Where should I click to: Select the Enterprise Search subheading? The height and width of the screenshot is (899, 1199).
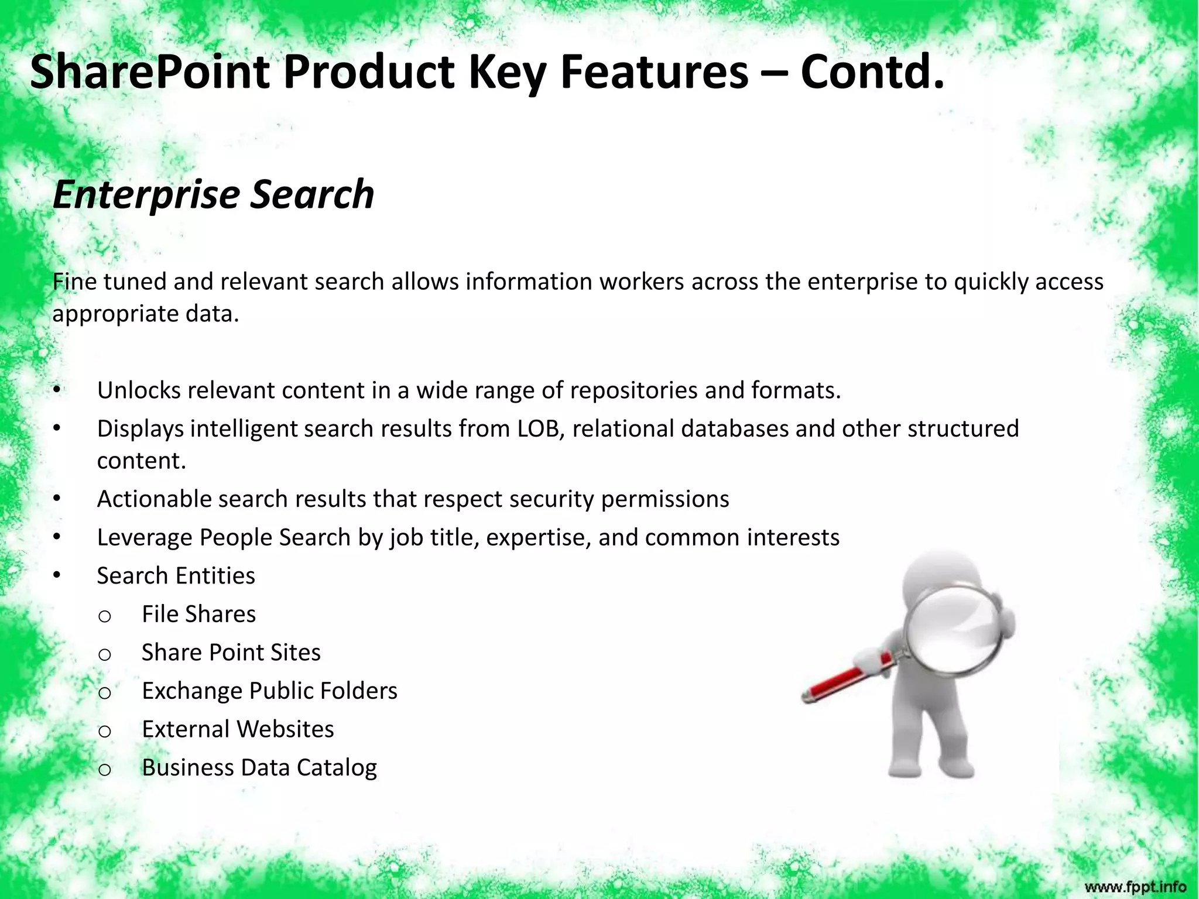(213, 194)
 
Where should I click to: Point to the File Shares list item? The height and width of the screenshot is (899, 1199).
(198, 615)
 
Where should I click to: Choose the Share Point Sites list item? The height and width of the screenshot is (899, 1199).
(231, 653)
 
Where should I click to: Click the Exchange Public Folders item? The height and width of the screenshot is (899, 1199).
(269, 691)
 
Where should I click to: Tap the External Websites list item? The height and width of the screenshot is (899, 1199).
(238, 729)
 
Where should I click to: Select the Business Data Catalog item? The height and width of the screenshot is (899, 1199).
(259, 768)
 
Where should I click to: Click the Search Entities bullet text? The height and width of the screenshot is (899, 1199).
(176, 576)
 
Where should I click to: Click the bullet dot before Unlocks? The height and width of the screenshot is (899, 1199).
(56, 390)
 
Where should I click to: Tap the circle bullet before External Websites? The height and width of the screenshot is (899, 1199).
(105, 731)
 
